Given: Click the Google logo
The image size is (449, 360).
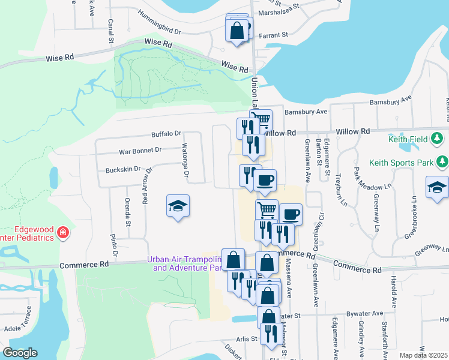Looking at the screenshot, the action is pos(20,353).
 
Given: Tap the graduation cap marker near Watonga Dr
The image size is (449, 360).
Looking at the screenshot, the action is pos(177,206).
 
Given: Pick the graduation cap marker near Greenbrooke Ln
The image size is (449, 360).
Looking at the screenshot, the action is pos(438,188).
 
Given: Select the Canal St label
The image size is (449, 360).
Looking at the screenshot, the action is pos(110,32).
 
